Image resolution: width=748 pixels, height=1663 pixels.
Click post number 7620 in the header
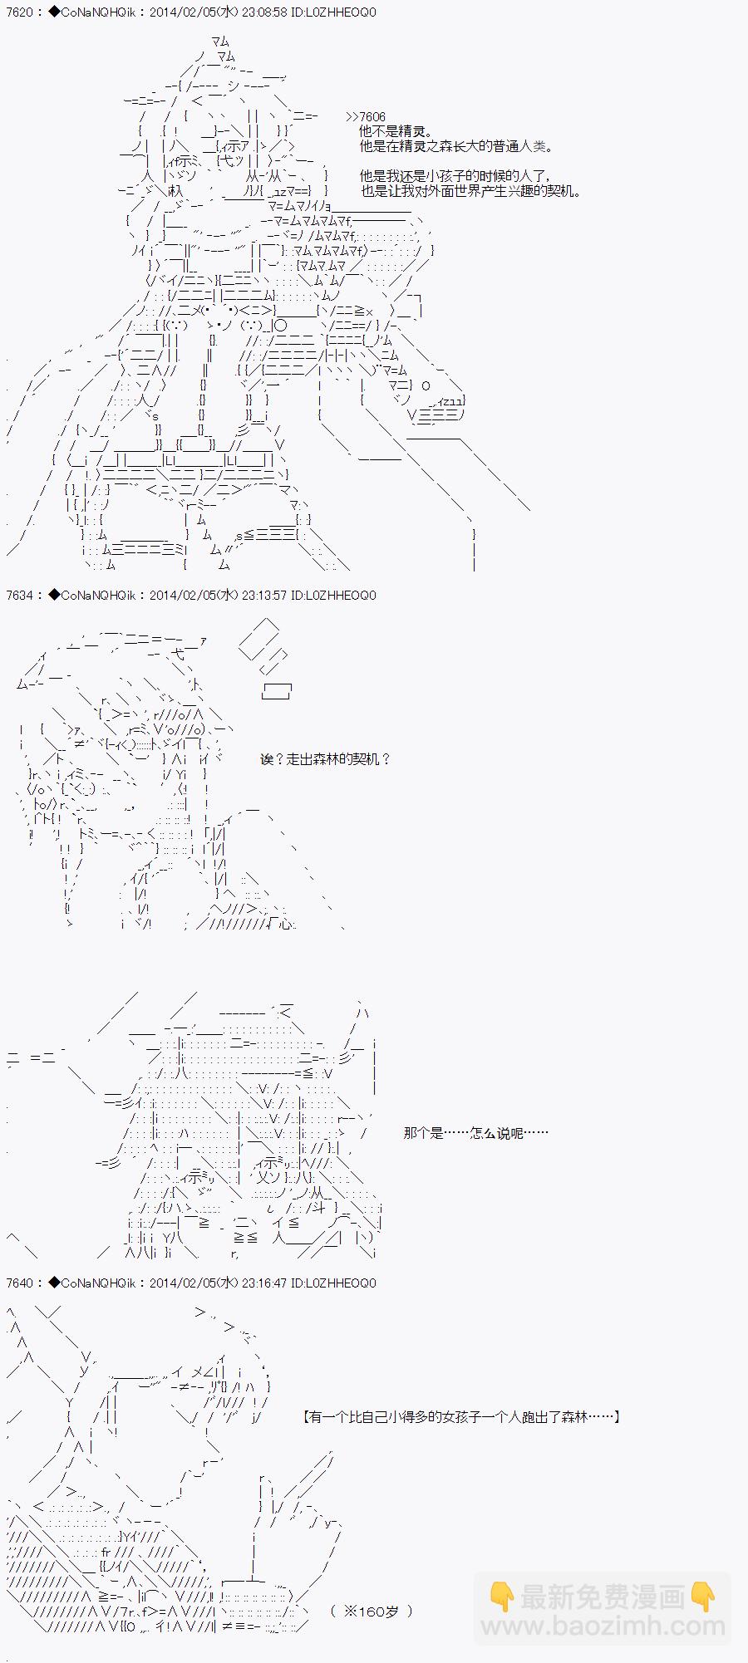click(x=19, y=12)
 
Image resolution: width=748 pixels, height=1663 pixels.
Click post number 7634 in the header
click(x=19, y=595)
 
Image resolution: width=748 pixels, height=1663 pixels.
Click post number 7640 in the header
click(x=19, y=1283)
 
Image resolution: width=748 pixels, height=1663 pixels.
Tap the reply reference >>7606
click(x=366, y=117)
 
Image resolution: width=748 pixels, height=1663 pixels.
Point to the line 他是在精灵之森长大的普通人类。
click(x=455, y=147)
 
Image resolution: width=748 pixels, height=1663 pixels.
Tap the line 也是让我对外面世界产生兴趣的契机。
click(x=470, y=191)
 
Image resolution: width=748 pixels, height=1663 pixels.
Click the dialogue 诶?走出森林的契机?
click(x=325, y=759)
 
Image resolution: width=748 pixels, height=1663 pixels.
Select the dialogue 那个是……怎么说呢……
click(x=475, y=1133)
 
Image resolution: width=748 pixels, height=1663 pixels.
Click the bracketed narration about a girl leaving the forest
click(x=462, y=1417)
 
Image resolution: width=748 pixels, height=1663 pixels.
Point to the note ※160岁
click(x=371, y=1611)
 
